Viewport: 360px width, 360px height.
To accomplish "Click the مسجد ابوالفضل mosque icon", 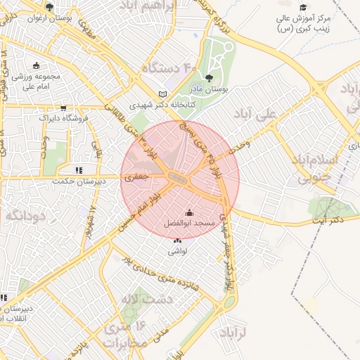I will (x=188, y=212).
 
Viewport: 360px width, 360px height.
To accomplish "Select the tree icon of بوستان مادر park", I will (x=208, y=78).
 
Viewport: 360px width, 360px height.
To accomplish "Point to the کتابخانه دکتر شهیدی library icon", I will (x=163, y=94).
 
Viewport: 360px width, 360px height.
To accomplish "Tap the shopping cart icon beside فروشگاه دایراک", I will (x=64, y=108).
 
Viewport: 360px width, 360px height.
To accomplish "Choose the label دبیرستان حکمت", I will (x=80, y=180).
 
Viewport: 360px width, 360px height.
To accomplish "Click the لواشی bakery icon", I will (x=176, y=241).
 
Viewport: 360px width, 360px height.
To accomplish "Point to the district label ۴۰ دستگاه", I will (x=169, y=68).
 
